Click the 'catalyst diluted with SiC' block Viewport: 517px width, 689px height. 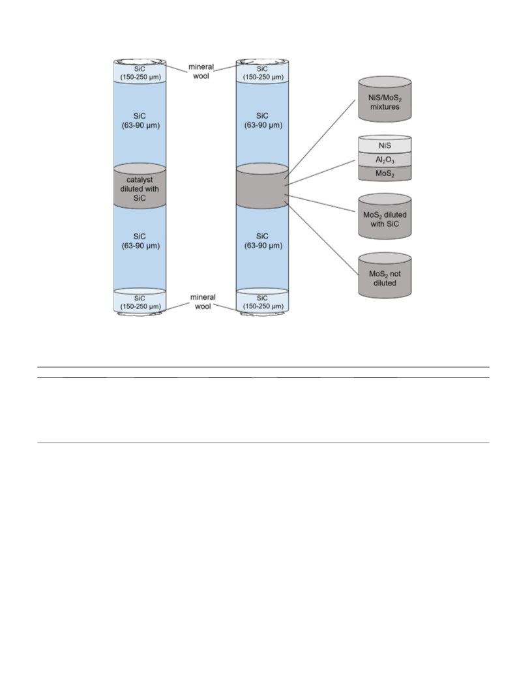coord(140,185)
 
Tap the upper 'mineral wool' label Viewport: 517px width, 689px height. coord(201,71)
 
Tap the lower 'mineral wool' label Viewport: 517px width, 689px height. coord(203,302)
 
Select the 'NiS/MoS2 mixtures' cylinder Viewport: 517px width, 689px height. coord(385,99)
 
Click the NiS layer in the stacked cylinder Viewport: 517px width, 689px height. coord(385,145)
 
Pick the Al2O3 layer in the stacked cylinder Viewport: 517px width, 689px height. coord(385,160)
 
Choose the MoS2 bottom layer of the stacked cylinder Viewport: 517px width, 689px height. coord(385,173)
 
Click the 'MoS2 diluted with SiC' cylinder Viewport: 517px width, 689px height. coord(385,216)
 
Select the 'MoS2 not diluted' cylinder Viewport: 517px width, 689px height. coord(385,276)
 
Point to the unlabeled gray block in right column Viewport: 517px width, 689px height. coord(263,185)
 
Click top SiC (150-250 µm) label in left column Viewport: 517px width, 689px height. coord(140,73)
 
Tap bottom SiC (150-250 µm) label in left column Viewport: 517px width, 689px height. coord(140,302)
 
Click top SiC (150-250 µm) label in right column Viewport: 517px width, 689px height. coord(263,73)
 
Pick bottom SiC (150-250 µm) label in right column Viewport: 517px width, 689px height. coord(263,302)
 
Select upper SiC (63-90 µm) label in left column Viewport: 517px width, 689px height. coord(140,121)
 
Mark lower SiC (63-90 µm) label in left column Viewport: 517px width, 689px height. coord(140,241)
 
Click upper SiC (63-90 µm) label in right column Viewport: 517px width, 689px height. coord(263,121)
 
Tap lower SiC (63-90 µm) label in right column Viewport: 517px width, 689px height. coord(263,241)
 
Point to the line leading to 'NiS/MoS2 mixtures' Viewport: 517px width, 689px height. coord(320,139)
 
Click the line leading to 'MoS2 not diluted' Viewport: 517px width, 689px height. coord(321,239)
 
